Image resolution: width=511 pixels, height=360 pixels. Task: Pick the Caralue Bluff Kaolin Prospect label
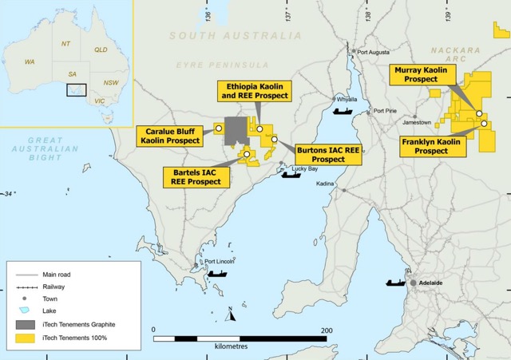[x=168, y=136]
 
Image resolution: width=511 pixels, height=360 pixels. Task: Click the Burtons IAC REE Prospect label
[x=328, y=154]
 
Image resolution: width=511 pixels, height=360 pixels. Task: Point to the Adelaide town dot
[x=413, y=283]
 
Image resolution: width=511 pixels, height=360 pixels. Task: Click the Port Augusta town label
[x=373, y=52]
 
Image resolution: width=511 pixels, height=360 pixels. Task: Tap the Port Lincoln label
[x=220, y=262]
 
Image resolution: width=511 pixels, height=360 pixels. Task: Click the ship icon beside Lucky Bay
[x=291, y=175]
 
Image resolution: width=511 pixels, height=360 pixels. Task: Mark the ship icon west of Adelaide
[x=395, y=283]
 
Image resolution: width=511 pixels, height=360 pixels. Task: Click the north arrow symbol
[x=231, y=313]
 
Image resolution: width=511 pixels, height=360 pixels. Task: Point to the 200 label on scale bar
[x=326, y=329]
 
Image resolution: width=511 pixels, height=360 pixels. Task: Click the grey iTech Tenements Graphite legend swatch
[x=25, y=324]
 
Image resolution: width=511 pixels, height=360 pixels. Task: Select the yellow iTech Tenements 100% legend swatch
[x=25, y=338]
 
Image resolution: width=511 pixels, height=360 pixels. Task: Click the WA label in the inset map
[x=30, y=61]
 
